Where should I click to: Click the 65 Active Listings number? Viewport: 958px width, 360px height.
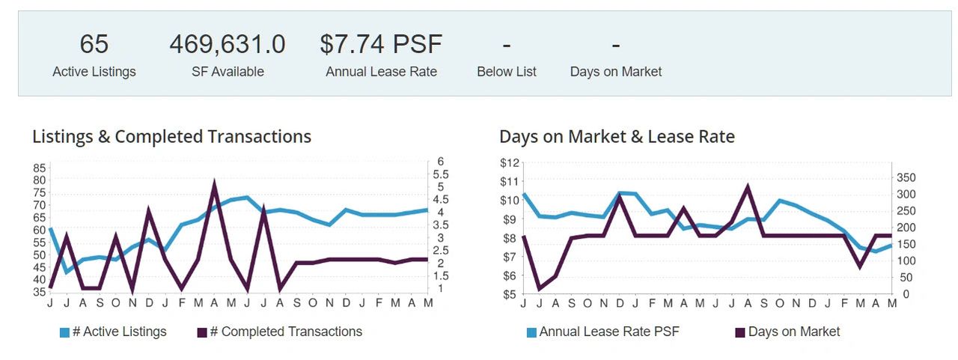(x=94, y=44)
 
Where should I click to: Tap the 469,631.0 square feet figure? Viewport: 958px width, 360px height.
(x=228, y=44)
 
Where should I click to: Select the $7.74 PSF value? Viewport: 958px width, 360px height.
(x=381, y=44)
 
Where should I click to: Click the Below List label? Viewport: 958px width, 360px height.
(x=507, y=71)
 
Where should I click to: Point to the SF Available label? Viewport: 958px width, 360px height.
(x=228, y=71)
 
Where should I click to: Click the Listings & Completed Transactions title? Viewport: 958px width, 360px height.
(x=172, y=137)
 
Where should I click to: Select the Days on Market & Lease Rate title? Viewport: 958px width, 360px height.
(x=617, y=137)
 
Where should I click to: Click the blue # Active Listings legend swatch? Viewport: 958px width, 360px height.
(x=64, y=332)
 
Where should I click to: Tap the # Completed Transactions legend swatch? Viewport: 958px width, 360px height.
(x=202, y=332)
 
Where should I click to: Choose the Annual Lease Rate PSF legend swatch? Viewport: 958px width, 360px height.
(x=531, y=332)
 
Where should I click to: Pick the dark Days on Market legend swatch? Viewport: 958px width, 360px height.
(x=740, y=332)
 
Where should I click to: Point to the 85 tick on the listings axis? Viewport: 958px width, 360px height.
(x=40, y=168)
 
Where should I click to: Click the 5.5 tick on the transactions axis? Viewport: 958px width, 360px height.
(x=441, y=174)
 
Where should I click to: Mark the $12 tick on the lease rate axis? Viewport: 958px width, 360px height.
(x=510, y=163)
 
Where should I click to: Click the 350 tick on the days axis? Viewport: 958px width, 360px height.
(x=906, y=178)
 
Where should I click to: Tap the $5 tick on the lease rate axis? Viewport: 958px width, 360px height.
(x=510, y=295)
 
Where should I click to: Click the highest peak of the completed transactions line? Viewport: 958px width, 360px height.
(x=214, y=182)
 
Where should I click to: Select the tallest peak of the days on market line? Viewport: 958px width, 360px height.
(x=748, y=186)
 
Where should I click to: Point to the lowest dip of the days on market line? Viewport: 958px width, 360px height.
(x=540, y=289)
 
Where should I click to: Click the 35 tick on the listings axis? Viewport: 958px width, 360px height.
(x=40, y=292)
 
